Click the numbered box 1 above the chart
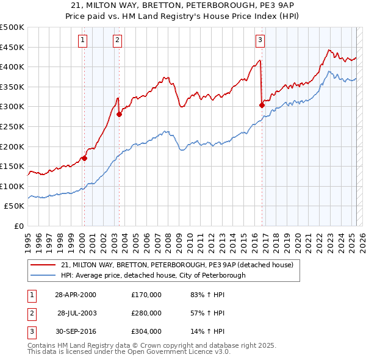pos(82,41)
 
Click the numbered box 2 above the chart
pos(117,41)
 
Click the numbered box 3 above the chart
pos(260,41)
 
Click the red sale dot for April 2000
pos(85,159)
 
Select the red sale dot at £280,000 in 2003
pos(120,115)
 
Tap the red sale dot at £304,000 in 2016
pos(262,105)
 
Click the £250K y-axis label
pos(12,126)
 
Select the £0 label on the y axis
pos(18,226)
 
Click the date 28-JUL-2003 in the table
pos(77,312)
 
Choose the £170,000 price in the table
pos(146,294)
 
